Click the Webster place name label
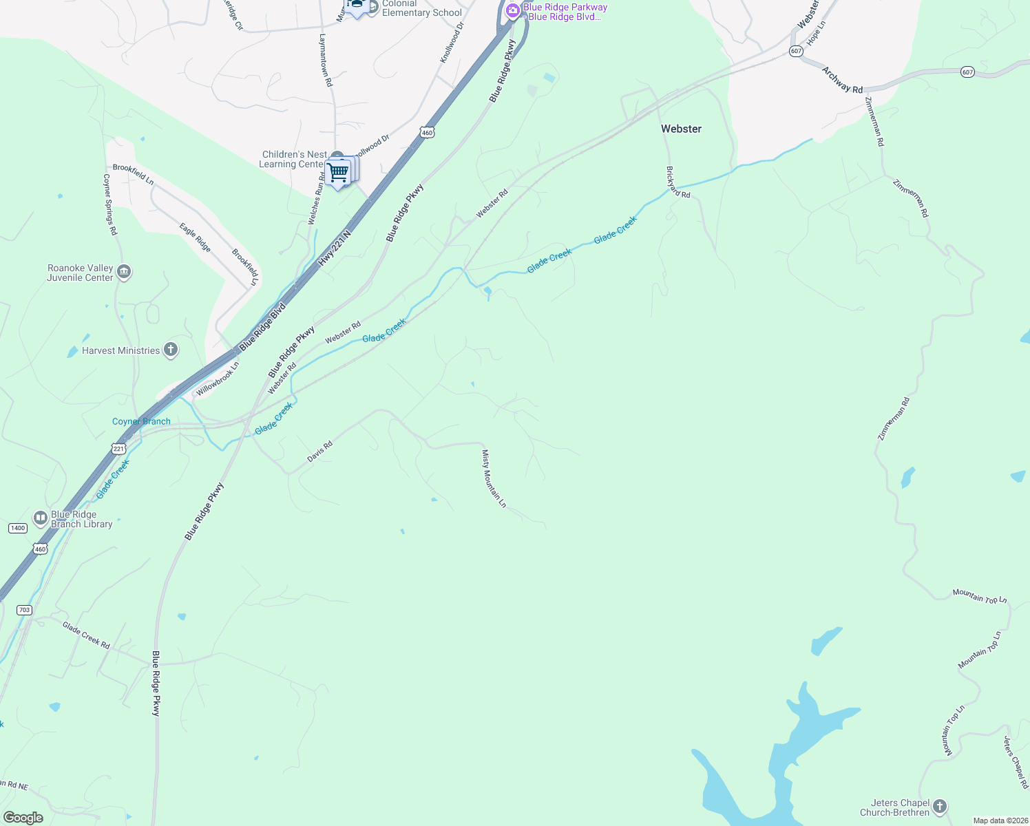[681, 129]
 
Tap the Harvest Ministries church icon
[171, 350]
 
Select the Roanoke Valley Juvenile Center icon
[124, 272]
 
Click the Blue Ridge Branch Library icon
[40, 518]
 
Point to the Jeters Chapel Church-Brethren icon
[940, 807]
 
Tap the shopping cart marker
[338, 171]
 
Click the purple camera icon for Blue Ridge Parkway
[512, 10]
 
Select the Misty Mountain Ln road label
[494, 478]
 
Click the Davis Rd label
[319, 452]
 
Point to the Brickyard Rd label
[678, 182]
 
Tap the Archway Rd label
[842, 80]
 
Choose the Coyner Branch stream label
[141, 421]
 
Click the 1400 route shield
[18, 528]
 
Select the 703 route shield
[24, 610]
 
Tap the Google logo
[23, 817]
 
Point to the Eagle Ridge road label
[195, 237]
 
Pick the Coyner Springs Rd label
[110, 204]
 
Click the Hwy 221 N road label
[335, 248]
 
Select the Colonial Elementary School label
[421, 8]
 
